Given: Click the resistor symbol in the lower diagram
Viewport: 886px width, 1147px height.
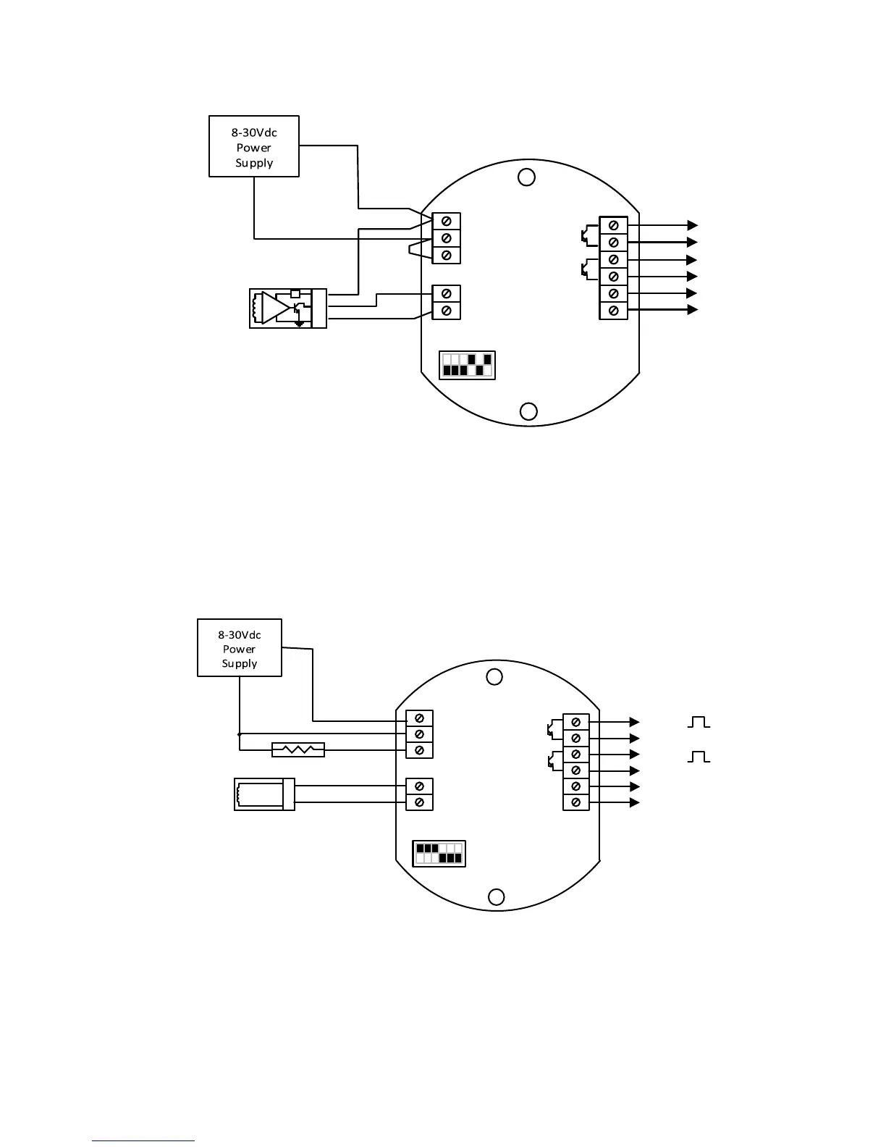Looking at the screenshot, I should [298, 750].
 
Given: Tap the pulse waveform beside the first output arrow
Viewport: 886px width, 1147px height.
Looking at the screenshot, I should [699, 722].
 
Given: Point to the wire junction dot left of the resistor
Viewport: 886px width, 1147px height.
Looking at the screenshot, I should [240, 734].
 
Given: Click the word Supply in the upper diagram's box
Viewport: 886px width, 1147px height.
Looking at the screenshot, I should [254, 163].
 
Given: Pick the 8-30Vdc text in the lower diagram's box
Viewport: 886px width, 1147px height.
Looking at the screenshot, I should [240, 635].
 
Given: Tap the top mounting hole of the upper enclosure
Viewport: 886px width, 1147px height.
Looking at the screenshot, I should [527, 177].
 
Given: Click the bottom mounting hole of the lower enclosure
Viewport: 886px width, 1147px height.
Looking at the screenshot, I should [496, 897].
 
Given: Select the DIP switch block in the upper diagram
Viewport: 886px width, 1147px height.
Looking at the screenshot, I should [467, 365].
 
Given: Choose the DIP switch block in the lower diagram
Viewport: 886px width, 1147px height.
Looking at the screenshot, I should [439, 854].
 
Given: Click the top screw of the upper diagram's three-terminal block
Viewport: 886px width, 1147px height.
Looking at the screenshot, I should [447, 222].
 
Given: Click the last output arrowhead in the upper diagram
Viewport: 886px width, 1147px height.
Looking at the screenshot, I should [693, 310].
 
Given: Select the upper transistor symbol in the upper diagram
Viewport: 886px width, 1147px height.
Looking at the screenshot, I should [586, 234].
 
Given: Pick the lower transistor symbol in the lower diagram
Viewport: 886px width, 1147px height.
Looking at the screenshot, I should [554, 762].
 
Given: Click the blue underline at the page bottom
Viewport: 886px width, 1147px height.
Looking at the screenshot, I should [143, 1141].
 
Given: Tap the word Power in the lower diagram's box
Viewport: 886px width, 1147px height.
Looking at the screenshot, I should [240, 650].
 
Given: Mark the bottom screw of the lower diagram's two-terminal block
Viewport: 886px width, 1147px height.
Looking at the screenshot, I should [419, 802].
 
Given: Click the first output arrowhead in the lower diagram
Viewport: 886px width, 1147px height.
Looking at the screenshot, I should [635, 722].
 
